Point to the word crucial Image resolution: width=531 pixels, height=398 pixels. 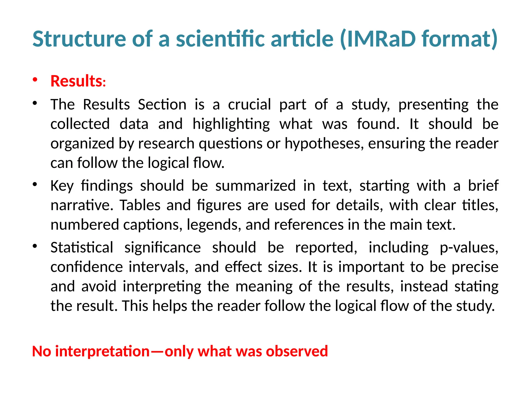click(x=249, y=105)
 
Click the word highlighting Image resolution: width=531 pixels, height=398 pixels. click(x=231, y=124)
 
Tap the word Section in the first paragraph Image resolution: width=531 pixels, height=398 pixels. click(x=162, y=105)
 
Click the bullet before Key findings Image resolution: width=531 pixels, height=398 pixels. click(x=35, y=185)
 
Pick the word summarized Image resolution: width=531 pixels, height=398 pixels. click(x=255, y=186)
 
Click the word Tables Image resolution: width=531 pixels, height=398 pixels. click(x=140, y=205)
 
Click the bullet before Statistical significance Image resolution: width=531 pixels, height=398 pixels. click(x=35, y=246)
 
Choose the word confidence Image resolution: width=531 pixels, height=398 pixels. click(x=87, y=267)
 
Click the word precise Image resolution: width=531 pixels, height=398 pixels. click(x=475, y=267)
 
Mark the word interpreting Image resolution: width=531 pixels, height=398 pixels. click(x=162, y=287)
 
